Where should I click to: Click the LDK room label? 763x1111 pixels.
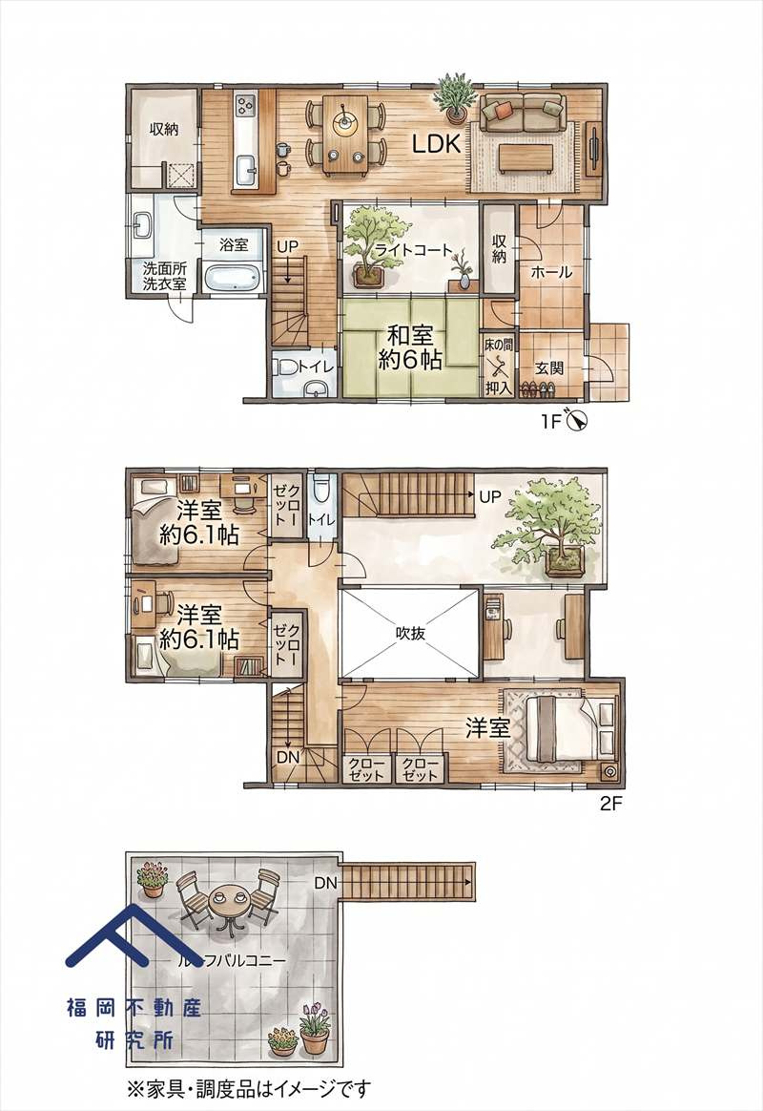tap(437, 144)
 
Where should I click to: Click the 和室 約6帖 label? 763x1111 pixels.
tap(410, 347)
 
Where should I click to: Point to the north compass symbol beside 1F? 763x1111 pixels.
tap(575, 421)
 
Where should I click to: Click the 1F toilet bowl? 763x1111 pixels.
tap(287, 367)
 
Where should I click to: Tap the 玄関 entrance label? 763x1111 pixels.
tap(548, 367)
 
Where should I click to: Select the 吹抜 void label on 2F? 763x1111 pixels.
tap(410, 633)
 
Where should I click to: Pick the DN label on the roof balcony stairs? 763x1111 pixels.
tap(325, 883)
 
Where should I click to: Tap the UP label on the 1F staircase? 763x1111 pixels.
tap(287, 246)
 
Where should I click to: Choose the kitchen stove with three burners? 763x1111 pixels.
tap(246, 106)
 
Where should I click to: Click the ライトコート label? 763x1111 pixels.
tap(413, 250)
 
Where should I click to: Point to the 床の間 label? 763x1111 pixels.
tap(498, 346)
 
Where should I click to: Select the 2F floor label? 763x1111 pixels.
tap(610, 805)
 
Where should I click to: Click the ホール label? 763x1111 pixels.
tap(550, 272)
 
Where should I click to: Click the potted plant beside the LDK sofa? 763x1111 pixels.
tap(454, 95)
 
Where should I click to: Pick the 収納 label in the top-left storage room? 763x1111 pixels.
tap(163, 129)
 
